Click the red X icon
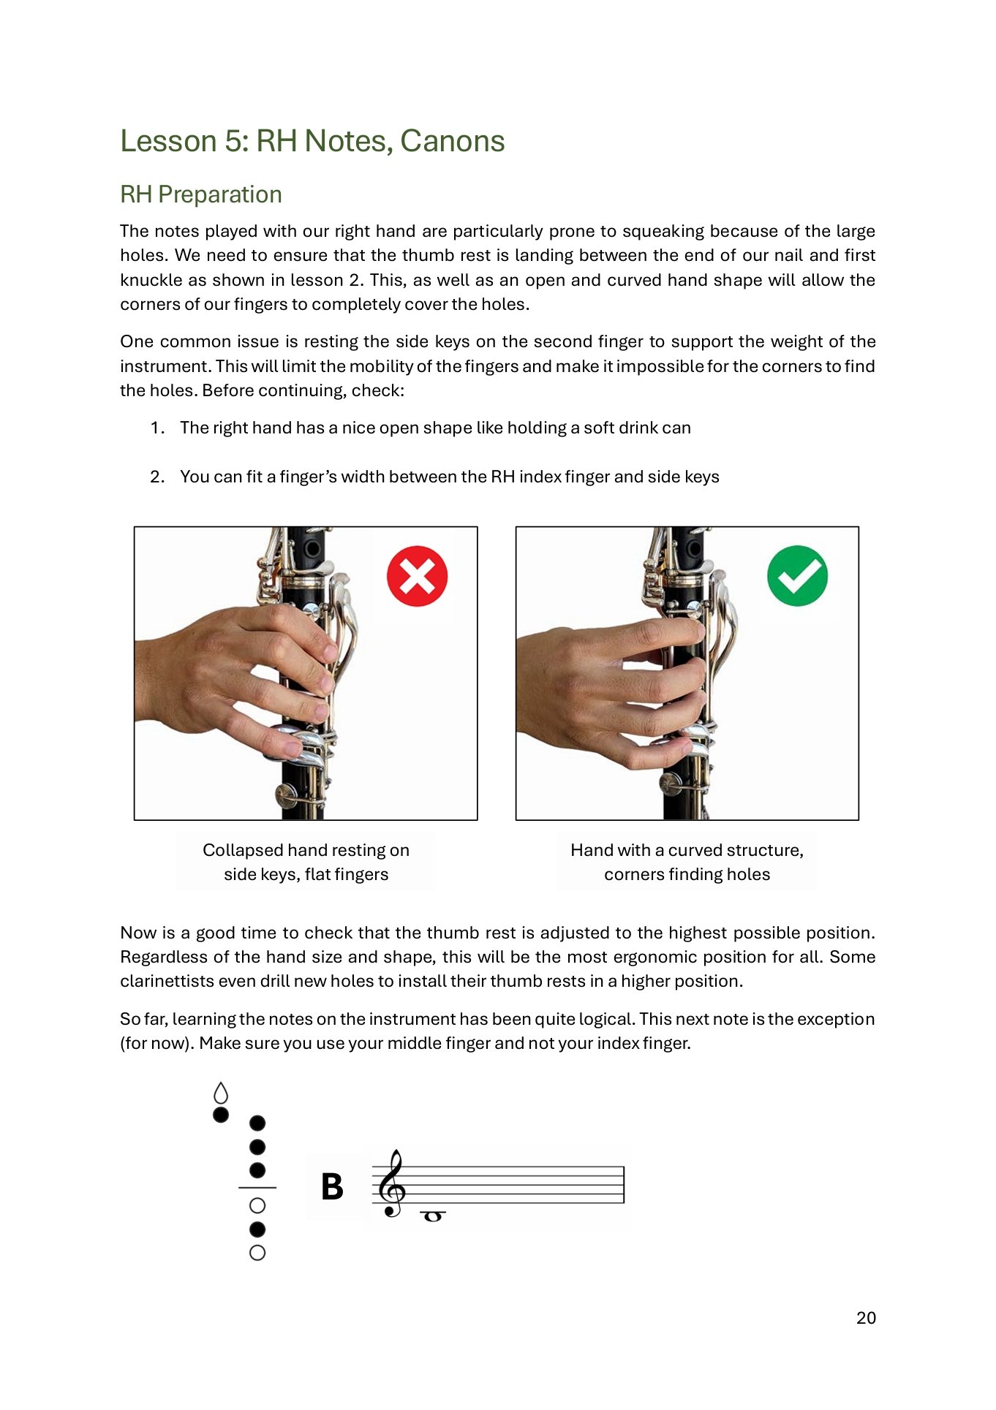[417, 576]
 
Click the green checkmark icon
[797, 576]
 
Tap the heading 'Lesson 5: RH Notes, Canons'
[312, 141]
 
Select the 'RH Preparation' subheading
[201, 194]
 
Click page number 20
[866, 1317]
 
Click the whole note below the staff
[433, 1216]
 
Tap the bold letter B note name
[332, 1187]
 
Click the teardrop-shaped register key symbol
[221, 1093]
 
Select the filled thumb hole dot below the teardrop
[221, 1115]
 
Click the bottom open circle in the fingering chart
[257, 1253]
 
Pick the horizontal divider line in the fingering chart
[257, 1188]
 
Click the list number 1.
[157, 428]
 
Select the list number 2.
[157, 477]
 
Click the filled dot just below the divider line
[257, 1229]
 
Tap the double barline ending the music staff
[624, 1184]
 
